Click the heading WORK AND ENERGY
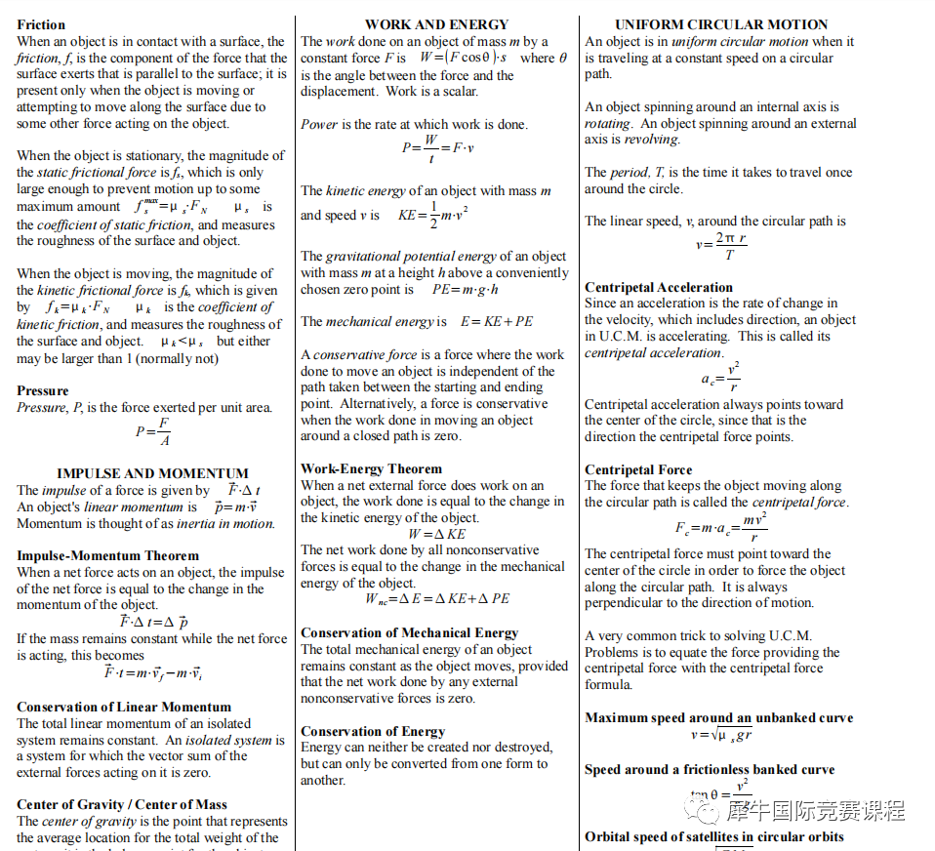pos(436,24)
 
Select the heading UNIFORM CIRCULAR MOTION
pos(721,24)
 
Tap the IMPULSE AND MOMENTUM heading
pos(152,473)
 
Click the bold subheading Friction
pos(41,24)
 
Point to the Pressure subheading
pos(43,390)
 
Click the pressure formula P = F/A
pos(153,430)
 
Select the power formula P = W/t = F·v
pos(437,148)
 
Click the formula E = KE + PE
pos(497,321)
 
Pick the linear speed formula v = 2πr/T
pos(721,245)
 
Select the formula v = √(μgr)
pos(721,735)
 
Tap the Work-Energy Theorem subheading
pos(371,468)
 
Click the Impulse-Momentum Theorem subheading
pos(107,555)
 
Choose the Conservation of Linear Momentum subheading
pos(124,707)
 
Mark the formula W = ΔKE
pos(436,534)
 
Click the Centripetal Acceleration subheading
pos(659,287)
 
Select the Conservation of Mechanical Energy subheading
pos(409,632)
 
